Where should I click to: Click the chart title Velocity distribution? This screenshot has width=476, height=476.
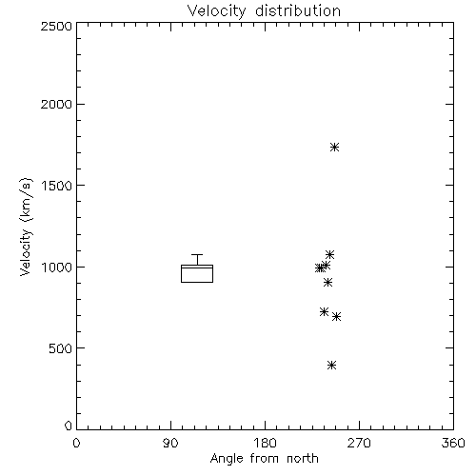[x=264, y=10]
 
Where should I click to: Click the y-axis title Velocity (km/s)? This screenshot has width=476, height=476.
[x=26, y=227]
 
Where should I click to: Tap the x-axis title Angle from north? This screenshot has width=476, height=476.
[x=264, y=459]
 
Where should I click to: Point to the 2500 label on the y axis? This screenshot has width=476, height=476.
[x=56, y=26]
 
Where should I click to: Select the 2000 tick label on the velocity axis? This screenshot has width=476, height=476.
[x=56, y=104]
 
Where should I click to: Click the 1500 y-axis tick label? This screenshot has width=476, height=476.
[x=57, y=186]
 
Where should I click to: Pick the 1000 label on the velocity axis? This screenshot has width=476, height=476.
[x=57, y=267]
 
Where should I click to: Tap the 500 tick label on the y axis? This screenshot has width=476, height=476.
[x=61, y=348]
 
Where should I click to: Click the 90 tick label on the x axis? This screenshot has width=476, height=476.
[x=170, y=443]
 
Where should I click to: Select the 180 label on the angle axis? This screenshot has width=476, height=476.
[x=265, y=443]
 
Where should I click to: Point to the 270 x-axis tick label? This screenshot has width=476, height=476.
[x=359, y=443]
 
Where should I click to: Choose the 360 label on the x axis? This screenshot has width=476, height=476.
[x=453, y=443]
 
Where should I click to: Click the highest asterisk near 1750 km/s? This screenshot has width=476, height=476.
[x=334, y=147]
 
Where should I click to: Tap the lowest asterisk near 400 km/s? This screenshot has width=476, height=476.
[x=331, y=365]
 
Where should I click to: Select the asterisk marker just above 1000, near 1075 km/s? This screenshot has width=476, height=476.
[x=329, y=254]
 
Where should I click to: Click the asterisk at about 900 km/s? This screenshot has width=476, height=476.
[x=327, y=282]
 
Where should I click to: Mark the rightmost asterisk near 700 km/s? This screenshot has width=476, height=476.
[x=336, y=316]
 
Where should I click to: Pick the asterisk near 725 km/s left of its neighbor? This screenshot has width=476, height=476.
[x=324, y=311]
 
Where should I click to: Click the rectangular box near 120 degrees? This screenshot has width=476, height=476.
[x=181, y=273]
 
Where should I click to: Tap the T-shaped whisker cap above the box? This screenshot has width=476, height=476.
[x=197, y=254]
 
